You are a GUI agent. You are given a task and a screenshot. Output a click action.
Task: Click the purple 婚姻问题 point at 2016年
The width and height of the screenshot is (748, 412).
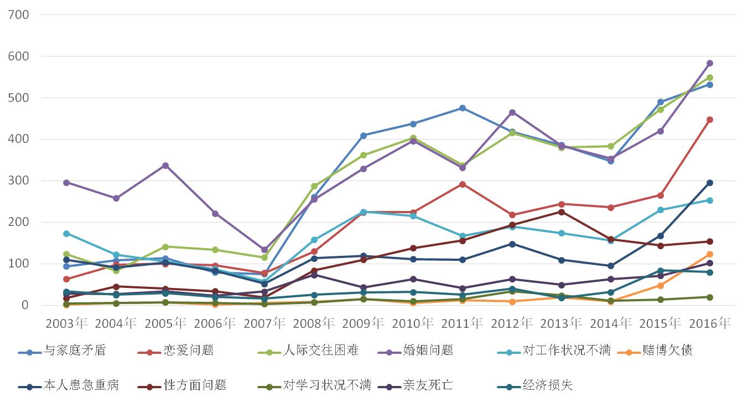click(710, 63)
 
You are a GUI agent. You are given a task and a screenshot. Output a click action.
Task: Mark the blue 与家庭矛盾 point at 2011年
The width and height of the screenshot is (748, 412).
click(463, 108)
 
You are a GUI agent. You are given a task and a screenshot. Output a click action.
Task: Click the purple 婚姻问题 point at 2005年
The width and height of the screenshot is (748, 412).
click(165, 166)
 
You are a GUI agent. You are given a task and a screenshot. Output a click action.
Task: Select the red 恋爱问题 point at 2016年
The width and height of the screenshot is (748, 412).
click(710, 120)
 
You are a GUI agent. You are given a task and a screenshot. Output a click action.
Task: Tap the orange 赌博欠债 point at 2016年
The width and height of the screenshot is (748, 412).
click(710, 254)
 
